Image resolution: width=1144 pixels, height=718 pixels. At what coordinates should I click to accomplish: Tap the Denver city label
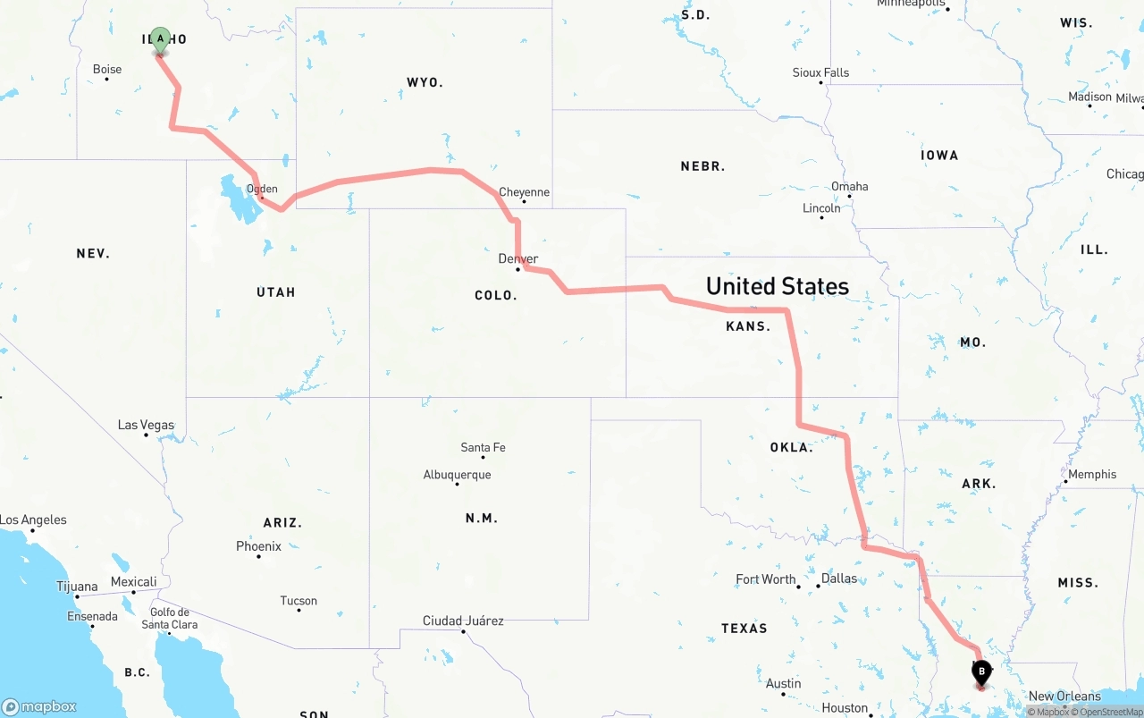(518, 258)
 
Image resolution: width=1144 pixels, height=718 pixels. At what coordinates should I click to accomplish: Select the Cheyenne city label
(524, 192)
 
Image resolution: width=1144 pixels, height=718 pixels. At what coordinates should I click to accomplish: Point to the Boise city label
(107, 69)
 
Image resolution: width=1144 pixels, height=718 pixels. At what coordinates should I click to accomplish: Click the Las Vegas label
(146, 425)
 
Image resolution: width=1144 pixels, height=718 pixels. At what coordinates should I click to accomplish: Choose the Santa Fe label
(483, 447)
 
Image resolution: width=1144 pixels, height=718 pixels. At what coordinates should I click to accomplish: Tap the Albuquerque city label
(457, 475)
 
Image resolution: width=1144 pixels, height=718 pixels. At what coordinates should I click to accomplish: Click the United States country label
(777, 286)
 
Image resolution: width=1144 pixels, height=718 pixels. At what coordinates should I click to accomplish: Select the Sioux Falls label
(820, 72)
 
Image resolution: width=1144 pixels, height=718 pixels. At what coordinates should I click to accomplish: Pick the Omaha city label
(849, 186)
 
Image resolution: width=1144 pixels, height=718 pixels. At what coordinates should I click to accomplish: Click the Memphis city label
(1092, 474)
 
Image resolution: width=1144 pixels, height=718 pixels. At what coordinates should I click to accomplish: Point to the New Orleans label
(1064, 696)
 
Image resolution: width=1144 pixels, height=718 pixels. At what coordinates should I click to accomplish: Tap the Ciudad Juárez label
(463, 621)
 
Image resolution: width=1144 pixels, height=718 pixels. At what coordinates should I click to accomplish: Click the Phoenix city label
(258, 546)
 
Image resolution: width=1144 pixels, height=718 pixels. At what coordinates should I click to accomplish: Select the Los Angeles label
(33, 519)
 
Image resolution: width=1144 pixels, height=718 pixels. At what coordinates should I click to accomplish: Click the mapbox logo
(39, 706)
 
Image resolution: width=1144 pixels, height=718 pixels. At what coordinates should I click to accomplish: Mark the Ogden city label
(262, 189)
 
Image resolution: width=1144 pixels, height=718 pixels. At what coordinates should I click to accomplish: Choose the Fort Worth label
(766, 579)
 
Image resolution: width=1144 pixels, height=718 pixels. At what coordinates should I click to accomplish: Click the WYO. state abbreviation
(425, 82)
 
